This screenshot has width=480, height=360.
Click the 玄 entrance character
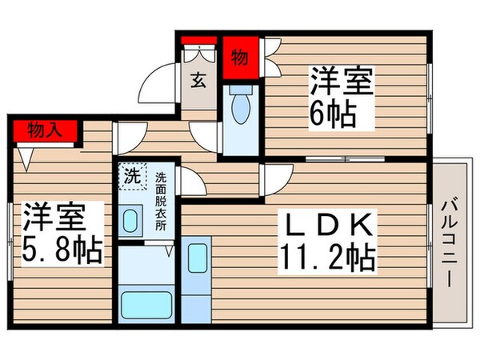[198, 79]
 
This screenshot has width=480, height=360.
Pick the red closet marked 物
[239, 58]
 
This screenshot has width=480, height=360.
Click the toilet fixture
[240, 104]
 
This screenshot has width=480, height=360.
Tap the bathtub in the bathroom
[147, 305]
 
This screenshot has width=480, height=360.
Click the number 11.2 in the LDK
[315, 258]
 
